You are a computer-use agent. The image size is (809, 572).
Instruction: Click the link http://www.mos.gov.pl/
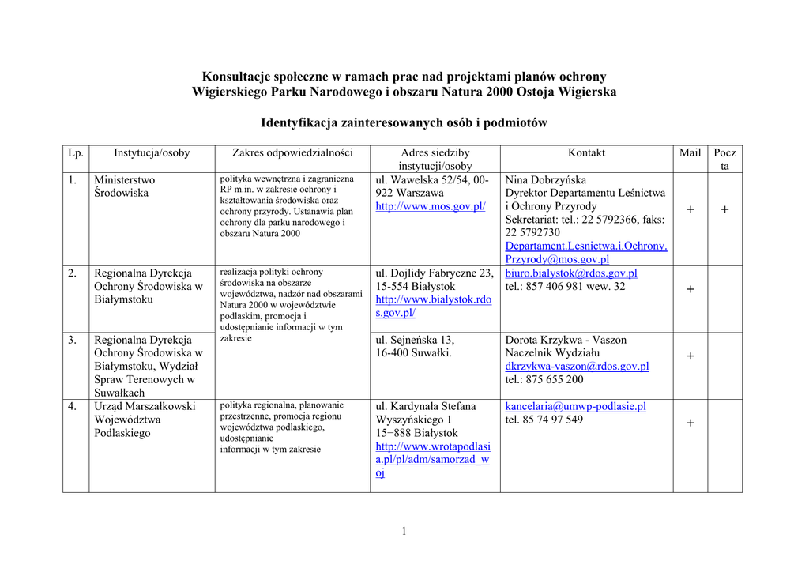click(x=430, y=206)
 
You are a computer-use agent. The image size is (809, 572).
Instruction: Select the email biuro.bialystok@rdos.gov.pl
click(x=571, y=273)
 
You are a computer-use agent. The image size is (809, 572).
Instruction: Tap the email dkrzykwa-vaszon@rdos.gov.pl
click(x=577, y=367)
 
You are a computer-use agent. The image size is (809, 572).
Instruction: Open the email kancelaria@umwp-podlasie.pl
click(x=575, y=406)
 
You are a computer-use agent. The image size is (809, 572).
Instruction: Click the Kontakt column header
click(x=586, y=153)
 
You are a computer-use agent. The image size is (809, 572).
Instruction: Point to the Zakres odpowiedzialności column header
click(x=292, y=153)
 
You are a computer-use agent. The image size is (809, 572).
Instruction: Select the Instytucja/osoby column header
click(x=152, y=153)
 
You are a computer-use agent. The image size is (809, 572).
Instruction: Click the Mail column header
click(x=690, y=153)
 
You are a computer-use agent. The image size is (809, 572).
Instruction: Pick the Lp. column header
click(x=76, y=153)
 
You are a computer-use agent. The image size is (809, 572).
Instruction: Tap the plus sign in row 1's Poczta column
click(x=724, y=209)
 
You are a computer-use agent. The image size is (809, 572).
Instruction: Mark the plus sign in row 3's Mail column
click(x=690, y=356)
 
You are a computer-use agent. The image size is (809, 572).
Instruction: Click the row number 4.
click(x=72, y=407)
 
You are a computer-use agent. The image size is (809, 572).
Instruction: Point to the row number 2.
click(x=72, y=273)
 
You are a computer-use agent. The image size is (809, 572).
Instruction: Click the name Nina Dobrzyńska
click(x=546, y=180)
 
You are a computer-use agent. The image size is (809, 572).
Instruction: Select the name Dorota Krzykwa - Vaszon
click(x=566, y=340)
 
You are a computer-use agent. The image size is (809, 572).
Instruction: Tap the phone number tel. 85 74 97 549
click(x=544, y=420)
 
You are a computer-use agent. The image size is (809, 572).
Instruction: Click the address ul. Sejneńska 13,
click(x=415, y=340)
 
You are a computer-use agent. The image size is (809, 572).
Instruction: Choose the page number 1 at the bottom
click(x=404, y=531)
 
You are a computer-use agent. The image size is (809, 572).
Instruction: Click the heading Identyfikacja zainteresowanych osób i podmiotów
click(x=404, y=123)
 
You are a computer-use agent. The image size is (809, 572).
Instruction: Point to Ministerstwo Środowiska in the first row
click(x=124, y=186)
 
